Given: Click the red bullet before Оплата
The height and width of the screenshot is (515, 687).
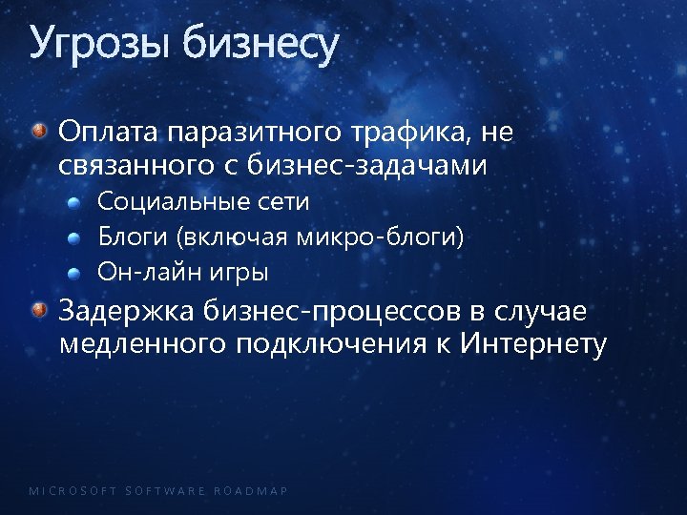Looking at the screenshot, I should pyautogui.click(x=39, y=131).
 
